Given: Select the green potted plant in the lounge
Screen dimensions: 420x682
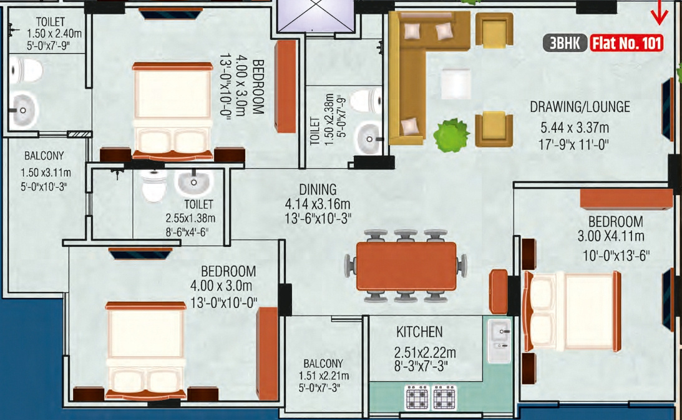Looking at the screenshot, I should [451, 134].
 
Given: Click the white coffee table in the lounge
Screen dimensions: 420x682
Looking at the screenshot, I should [456, 83].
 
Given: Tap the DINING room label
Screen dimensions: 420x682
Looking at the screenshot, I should [317, 189].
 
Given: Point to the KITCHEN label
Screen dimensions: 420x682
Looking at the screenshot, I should [419, 332].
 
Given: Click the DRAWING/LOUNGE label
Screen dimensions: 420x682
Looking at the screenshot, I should [580, 107].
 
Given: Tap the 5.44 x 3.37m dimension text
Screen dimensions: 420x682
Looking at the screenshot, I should [574, 128].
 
